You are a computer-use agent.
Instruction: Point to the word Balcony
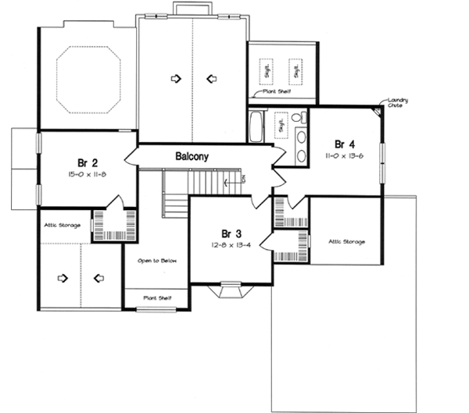click(192, 157)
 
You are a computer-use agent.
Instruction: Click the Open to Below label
click(155, 260)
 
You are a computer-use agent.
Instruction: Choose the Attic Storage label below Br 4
click(346, 241)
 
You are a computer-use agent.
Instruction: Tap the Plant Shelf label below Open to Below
click(156, 297)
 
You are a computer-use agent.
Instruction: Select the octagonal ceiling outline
click(88, 79)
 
